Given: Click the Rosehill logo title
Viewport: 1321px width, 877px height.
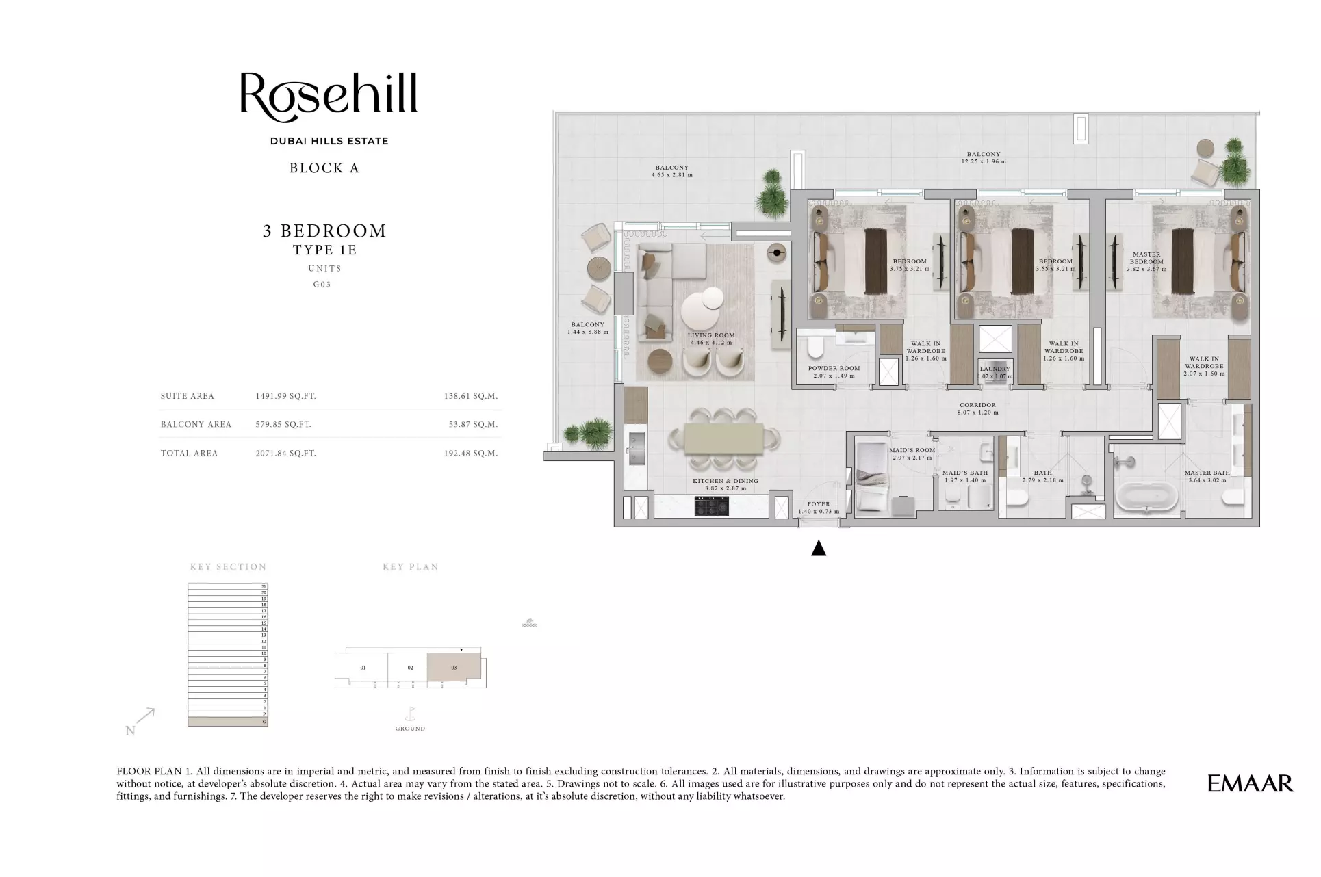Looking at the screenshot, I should [x=329, y=94].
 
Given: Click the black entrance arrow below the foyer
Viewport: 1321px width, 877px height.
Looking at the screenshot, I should [x=819, y=549].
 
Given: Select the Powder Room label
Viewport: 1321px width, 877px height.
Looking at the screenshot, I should [x=834, y=371].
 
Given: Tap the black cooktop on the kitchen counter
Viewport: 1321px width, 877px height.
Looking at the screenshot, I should [x=711, y=506].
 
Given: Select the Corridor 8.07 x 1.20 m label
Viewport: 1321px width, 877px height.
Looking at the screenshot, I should [x=977, y=409].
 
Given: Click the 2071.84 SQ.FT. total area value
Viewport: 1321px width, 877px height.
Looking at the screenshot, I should [x=285, y=453].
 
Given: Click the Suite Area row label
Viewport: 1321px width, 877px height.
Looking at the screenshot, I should [x=188, y=396].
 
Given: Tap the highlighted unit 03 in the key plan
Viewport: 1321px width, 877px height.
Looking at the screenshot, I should [x=454, y=668].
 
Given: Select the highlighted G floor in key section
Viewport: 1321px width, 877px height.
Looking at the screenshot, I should [x=227, y=722].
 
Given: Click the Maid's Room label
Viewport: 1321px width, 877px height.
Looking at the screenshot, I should [x=912, y=454].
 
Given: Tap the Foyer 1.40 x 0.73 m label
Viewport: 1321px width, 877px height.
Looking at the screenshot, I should [x=819, y=508].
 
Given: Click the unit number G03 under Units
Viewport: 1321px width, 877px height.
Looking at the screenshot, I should [x=322, y=285].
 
